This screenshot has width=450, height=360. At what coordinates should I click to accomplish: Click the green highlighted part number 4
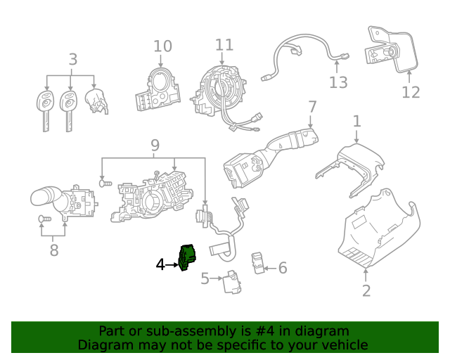188,257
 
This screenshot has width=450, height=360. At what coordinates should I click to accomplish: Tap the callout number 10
162,46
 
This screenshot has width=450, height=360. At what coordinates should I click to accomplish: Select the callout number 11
224,45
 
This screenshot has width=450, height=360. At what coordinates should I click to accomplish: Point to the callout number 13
338,83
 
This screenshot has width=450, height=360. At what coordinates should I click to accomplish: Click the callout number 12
411,92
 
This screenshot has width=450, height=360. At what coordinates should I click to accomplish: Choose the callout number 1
356,121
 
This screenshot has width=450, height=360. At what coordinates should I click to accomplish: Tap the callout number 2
366,290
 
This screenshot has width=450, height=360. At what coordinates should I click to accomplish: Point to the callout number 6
283,268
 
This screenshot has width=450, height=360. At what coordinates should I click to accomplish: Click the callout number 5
205,279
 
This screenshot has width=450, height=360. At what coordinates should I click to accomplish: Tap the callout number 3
73,59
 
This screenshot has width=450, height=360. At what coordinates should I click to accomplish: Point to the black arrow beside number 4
174,265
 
